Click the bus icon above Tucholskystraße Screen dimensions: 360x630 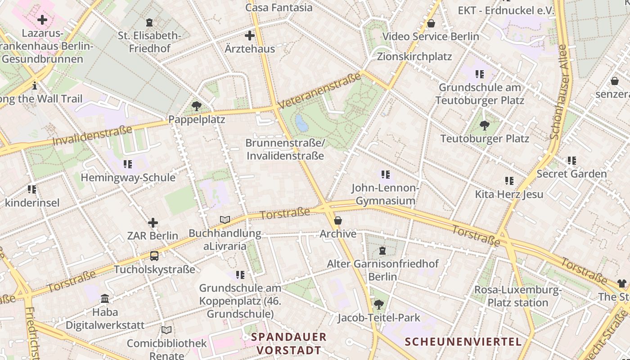[154, 256]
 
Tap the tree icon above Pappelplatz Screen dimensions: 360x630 [196, 106]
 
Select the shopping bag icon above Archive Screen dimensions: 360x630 [337, 220]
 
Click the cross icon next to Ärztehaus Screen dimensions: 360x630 [249, 36]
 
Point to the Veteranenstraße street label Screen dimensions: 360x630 [319, 90]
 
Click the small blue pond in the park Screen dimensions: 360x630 [301, 123]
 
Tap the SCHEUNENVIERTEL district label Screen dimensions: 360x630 [463, 342]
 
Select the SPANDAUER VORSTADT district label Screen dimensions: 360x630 [288, 343]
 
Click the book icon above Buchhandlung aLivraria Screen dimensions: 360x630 [225, 220]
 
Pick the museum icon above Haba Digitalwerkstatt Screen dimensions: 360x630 [105, 299]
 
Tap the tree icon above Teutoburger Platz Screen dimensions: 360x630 [484, 125]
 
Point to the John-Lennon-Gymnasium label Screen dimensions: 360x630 [385, 194]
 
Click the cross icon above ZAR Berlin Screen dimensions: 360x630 [153, 223]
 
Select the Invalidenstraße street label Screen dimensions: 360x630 [92, 135]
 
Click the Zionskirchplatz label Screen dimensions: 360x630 [414, 57]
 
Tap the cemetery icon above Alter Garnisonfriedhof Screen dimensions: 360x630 [382, 250]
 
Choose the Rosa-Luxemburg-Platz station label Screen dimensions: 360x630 [518, 296]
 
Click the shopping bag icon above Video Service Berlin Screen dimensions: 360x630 [431, 23]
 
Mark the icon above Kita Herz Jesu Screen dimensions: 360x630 [509, 181]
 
